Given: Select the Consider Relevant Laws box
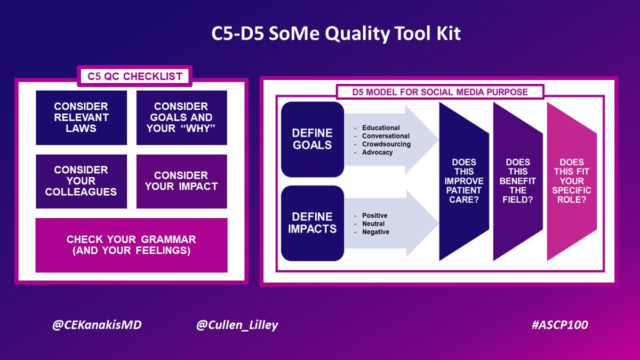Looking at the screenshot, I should click(81, 117).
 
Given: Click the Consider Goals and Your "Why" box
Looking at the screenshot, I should click(181, 117).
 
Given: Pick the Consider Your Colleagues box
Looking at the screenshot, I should click(81, 181).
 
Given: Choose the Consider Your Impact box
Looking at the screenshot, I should click(181, 181).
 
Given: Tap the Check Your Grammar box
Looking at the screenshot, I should click(131, 245).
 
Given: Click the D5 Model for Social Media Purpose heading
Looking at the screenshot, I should click(440, 92).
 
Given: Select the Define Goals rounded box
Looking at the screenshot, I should click(313, 139).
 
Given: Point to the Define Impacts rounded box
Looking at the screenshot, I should click(313, 223).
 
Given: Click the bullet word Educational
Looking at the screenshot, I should click(381, 128).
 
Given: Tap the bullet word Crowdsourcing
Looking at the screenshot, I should click(385, 144).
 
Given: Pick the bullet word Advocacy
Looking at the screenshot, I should click(378, 152).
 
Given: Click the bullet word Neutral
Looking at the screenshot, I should click(373, 223).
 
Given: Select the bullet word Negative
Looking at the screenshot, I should click(375, 232).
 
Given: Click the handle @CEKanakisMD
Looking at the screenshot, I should click(97, 325).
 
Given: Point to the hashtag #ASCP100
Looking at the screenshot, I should click(559, 325).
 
